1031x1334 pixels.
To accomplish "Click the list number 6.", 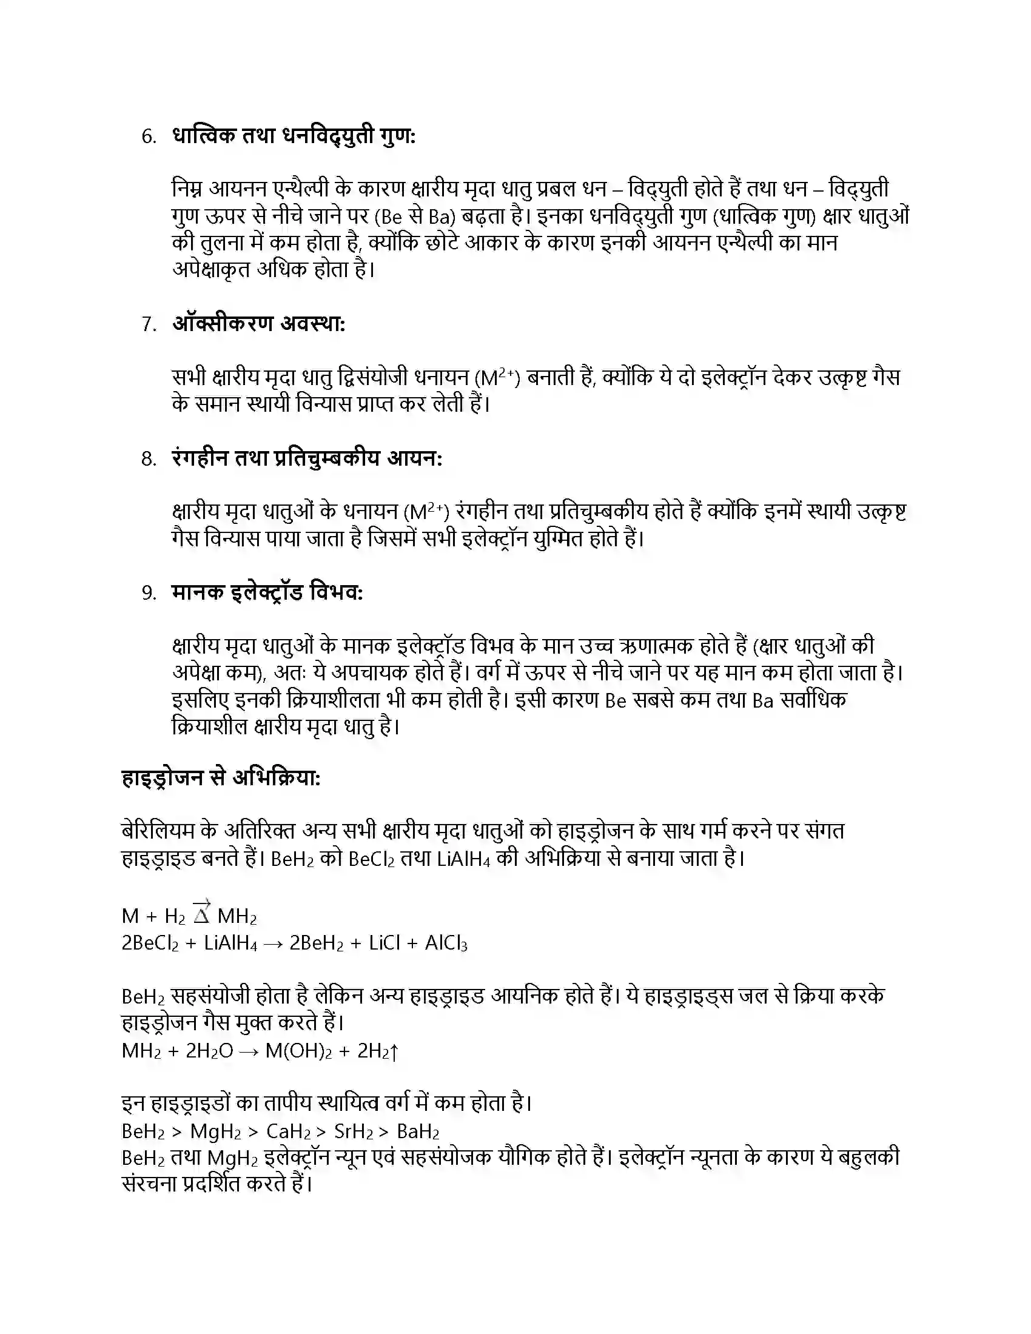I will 149,137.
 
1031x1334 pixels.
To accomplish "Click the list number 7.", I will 149,324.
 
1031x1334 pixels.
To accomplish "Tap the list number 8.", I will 149,459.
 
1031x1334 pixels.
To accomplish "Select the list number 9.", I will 149,593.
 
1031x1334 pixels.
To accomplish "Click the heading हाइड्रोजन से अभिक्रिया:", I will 221,779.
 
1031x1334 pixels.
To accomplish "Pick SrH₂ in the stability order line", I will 354,1132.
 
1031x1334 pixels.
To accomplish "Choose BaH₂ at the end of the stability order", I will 418,1132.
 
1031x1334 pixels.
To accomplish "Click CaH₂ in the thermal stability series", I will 288,1132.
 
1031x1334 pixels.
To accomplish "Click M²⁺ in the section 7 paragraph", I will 497,378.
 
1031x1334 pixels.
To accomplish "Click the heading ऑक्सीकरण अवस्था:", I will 259,324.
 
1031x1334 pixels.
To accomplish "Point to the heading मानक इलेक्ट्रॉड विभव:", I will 267,592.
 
